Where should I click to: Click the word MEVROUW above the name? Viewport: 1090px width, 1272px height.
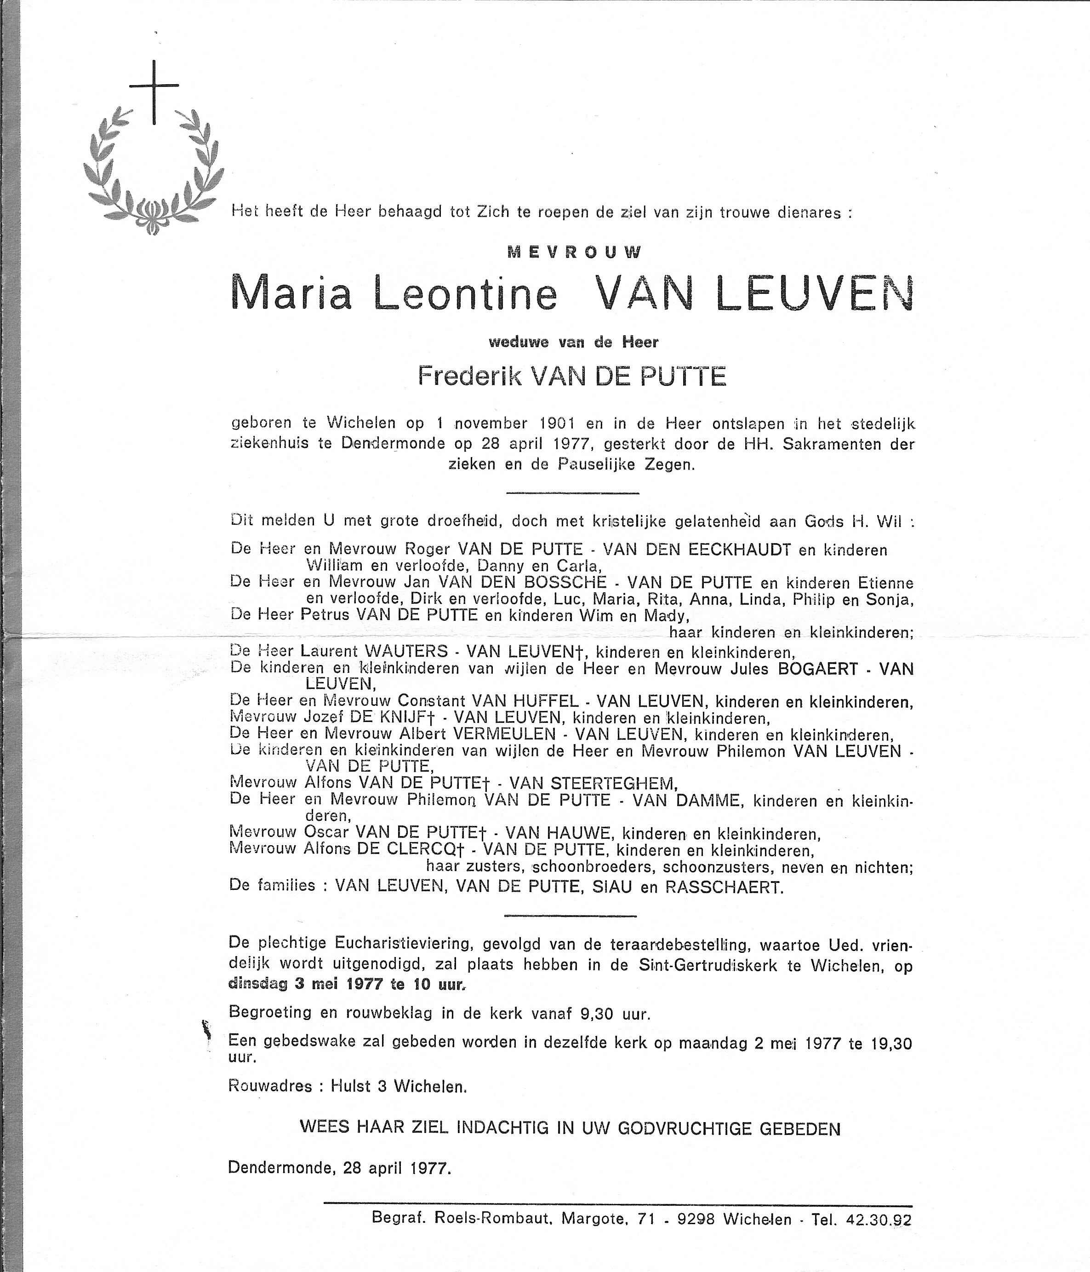[x=575, y=252]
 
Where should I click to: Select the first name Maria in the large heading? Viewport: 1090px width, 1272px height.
[x=291, y=294]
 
